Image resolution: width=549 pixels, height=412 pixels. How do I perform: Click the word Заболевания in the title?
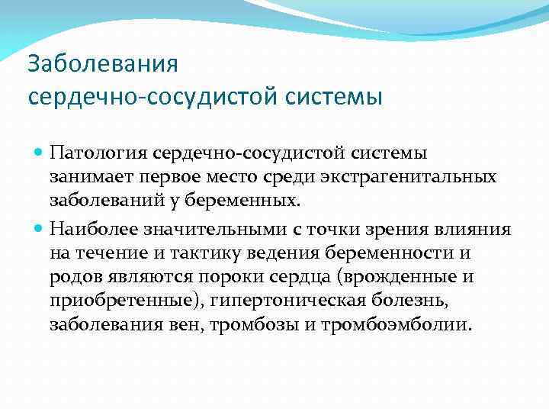coord(102,63)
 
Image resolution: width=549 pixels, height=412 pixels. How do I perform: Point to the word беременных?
coord(253,201)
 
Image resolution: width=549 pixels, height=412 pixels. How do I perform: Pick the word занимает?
coord(91,177)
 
